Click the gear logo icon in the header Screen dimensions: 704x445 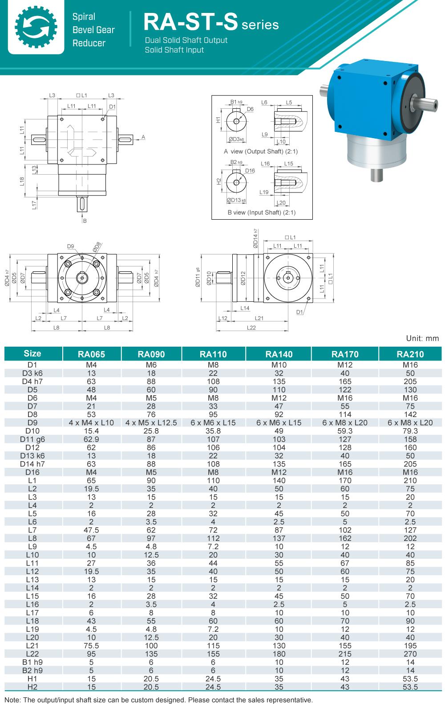pyautogui.click(x=36, y=27)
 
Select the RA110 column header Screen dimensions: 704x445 pyautogui.click(x=213, y=354)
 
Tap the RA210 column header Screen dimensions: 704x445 pyautogui.click(x=410, y=354)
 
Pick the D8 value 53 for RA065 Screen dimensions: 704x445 pyautogui.click(x=91, y=414)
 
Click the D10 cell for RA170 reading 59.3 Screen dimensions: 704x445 pyautogui.click(x=345, y=431)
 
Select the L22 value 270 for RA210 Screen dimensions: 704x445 pyautogui.click(x=410, y=654)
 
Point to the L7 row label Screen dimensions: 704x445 pyautogui.click(x=32, y=530)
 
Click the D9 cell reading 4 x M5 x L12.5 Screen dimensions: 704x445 pyautogui.click(x=151, y=422)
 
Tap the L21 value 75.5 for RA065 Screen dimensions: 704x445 pyautogui.click(x=91, y=646)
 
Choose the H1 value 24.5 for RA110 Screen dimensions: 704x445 pyautogui.click(x=213, y=679)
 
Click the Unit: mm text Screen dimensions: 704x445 pyautogui.click(x=422, y=338)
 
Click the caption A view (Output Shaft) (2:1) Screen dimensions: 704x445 pyautogui.click(x=261, y=151)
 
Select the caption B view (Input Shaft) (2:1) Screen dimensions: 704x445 pyautogui.click(x=262, y=213)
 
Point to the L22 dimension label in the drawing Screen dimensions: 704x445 pyautogui.click(x=251, y=327)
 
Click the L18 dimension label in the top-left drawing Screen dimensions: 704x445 pyautogui.click(x=22, y=181)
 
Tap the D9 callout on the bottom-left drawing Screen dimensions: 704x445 pyautogui.click(x=71, y=246)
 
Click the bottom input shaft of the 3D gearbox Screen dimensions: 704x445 pyautogui.click(x=376, y=175)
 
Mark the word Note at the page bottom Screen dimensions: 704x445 pyautogui.click(x=12, y=700)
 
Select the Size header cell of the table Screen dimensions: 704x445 pyautogui.click(x=32, y=353)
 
